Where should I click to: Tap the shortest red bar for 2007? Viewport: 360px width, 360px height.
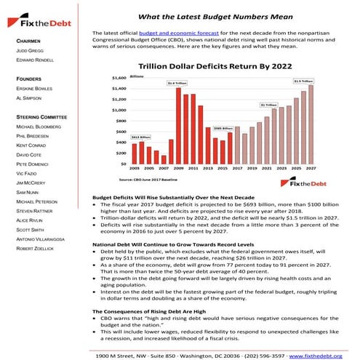tap(164, 160)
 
